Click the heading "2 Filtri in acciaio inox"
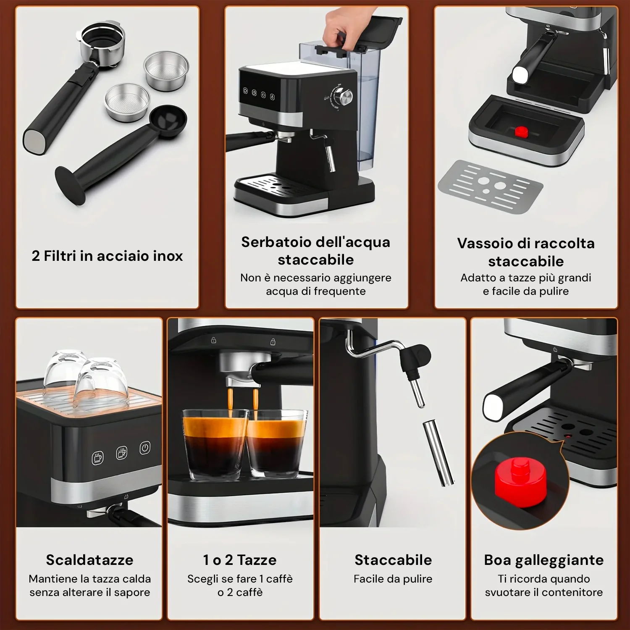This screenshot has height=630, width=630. click(x=107, y=256)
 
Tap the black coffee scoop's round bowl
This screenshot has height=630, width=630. click(x=168, y=121)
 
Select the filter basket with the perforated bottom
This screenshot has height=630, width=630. click(x=127, y=102)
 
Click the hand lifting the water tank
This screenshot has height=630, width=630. click(x=340, y=27)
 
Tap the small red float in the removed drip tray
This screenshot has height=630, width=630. click(x=521, y=132)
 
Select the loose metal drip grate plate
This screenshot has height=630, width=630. click(x=491, y=187)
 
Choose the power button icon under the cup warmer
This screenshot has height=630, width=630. click(x=145, y=448)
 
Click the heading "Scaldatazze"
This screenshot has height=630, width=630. click(x=89, y=560)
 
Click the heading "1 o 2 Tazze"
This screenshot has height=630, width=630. click(x=240, y=560)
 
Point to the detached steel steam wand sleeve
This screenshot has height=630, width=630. click(x=438, y=453)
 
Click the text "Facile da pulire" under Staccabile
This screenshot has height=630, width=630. click(x=393, y=579)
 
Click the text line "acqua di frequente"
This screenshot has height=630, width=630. click(x=316, y=291)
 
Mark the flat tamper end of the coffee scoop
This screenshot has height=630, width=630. click(x=67, y=185)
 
